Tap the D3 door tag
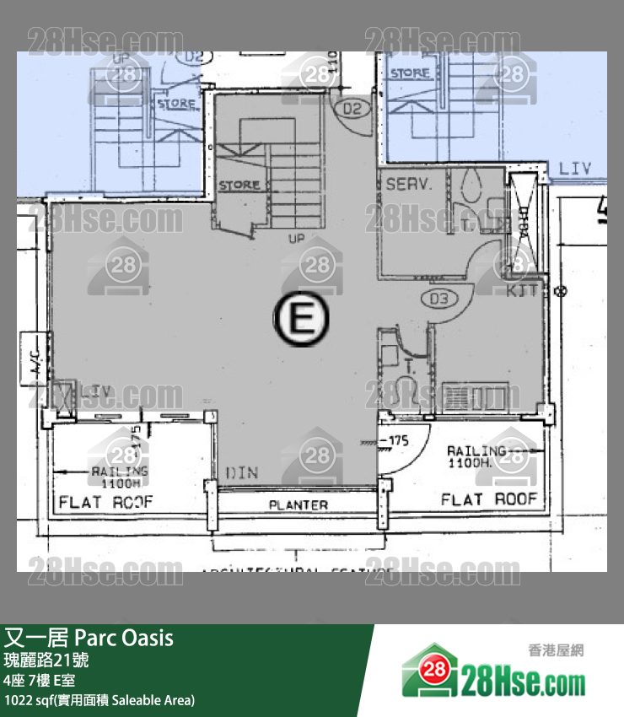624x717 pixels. tap(439, 298)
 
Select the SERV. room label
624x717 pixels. tap(409, 184)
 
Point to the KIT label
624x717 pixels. tap(524, 292)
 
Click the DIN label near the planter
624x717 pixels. tap(242, 473)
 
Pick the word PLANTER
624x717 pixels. tap(298, 504)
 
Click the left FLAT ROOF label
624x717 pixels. tap(106, 503)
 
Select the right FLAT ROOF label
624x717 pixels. tap(489, 499)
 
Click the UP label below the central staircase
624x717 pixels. tap(296, 238)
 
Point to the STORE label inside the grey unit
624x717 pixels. tap(239, 185)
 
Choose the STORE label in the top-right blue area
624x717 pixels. tap(411, 73)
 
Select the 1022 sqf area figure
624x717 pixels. tap(24, 700)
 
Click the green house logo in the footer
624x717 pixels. tap(431, 671)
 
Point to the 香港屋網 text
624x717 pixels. tap(556, 650)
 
